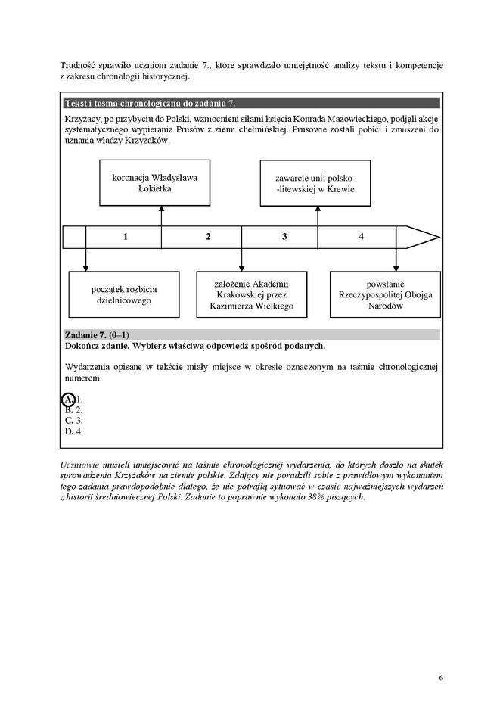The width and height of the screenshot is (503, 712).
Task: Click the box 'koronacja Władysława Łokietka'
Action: tap(151, 183)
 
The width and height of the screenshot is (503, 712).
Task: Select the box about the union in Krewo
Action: tap(315, 183)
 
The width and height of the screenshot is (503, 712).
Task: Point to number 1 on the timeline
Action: tap(126, 237)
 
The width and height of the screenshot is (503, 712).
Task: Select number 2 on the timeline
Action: tap(208, 237)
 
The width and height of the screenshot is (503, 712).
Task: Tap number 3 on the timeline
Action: tap(284, 237)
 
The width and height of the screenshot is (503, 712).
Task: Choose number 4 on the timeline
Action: tap(361, 237)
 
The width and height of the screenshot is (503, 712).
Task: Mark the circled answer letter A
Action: tap(68, 399)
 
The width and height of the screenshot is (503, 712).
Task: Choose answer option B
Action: tap(69, 409)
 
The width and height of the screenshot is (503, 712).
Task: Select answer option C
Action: tap(69, 420)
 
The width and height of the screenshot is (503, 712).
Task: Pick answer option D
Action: tap(69, 431)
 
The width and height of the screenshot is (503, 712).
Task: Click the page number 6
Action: tap(441, 677)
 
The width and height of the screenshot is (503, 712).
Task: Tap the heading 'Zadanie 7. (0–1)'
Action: tap(98, 334)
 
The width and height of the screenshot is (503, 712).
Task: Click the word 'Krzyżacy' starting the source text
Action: tap(83, 120)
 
